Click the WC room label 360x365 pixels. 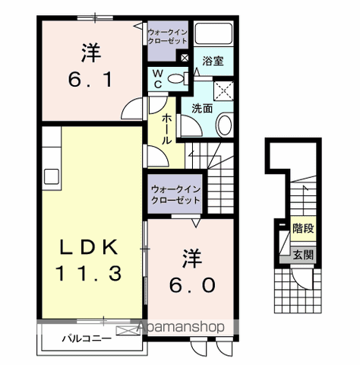158,79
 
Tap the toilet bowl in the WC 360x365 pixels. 175,78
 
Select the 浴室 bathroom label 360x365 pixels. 213,61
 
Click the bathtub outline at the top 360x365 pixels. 214,33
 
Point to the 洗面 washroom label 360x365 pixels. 202,109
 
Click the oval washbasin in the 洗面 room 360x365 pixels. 225,125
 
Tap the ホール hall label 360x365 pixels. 166,129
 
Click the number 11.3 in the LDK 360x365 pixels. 89,273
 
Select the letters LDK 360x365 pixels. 89,247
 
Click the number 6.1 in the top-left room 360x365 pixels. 90,80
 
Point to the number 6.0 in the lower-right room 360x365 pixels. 192,284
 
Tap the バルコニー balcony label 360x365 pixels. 87,338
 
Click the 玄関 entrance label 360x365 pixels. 303,255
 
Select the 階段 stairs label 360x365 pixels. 303,228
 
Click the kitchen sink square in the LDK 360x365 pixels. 52,176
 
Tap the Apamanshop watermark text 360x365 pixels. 181,327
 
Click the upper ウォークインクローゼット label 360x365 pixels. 168,36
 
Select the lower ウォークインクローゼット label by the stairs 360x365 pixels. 175,195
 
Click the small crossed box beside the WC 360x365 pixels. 185,58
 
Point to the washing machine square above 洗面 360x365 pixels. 223,91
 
